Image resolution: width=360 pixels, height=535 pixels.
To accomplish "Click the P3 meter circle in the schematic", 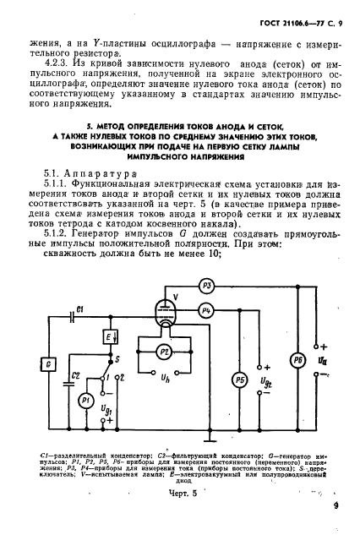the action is (x=210, y=286).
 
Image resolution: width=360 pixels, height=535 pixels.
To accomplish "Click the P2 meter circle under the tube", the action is (x=166, y=350).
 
